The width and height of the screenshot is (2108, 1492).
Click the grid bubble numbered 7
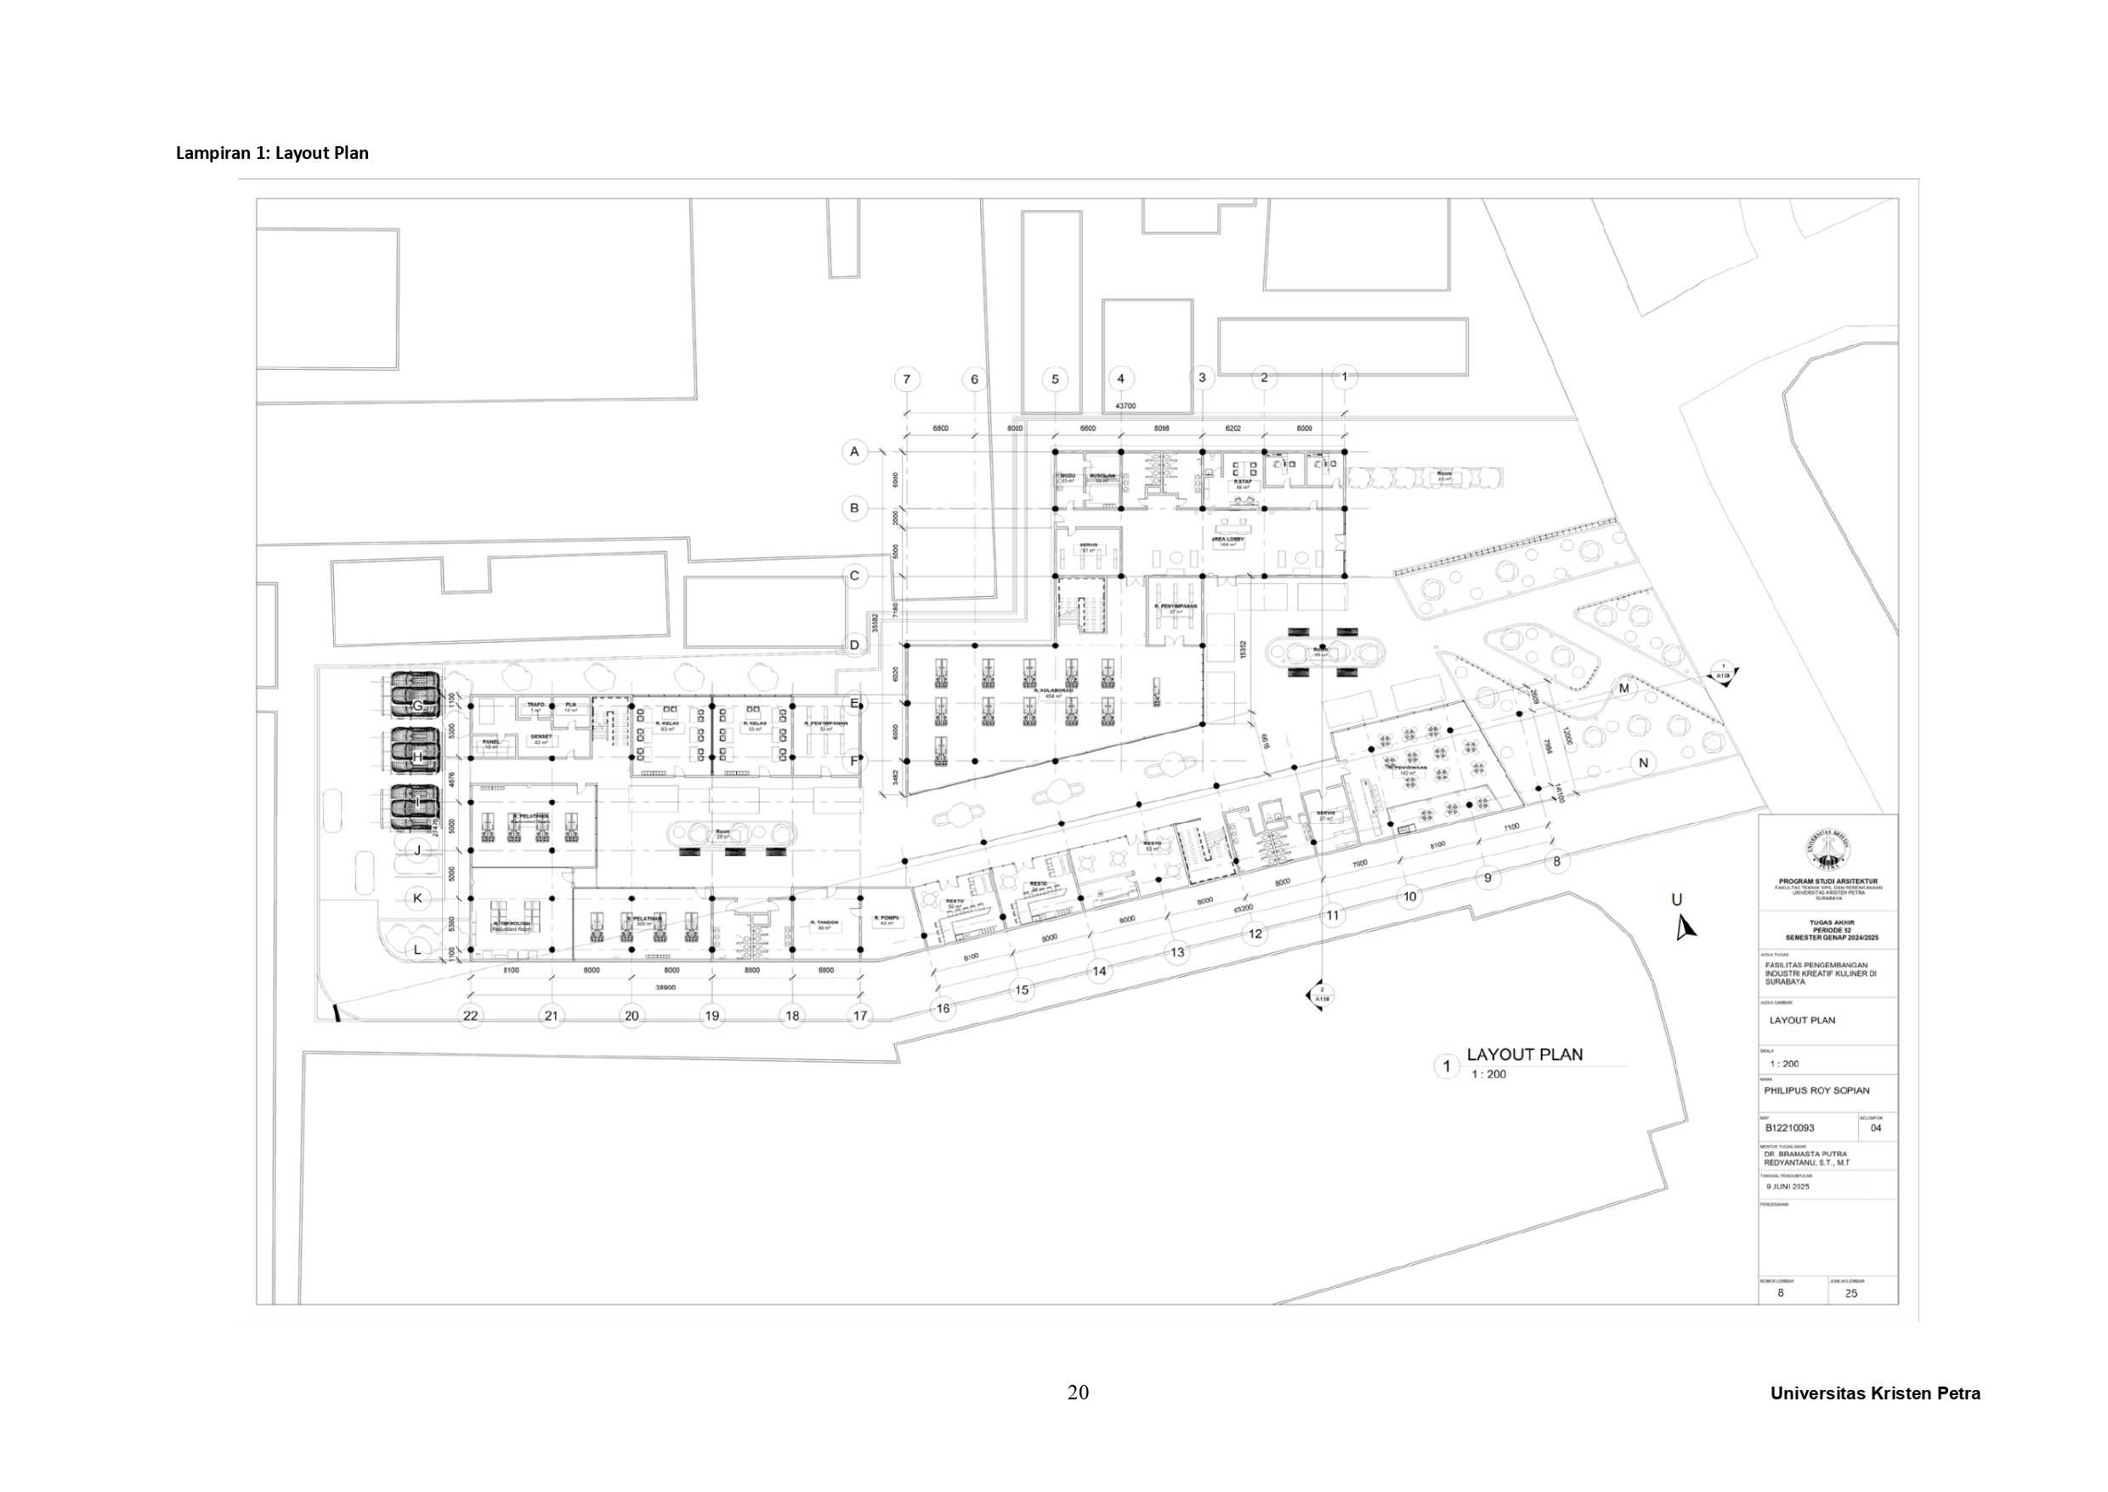[x=907, y=379]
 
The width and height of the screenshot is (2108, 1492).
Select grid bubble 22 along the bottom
[x=471, y=1015]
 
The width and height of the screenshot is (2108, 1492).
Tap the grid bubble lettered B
[x=854, y=508]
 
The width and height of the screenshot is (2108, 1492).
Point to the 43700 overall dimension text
[x=1125, y=406]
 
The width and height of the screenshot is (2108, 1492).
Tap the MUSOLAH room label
[x=1102, y=476]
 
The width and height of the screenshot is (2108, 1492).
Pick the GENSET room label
[x=540, y=737]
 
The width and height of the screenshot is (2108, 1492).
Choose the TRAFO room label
[x=535, y=705]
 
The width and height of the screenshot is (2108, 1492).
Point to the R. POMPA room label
[x=886, y=918]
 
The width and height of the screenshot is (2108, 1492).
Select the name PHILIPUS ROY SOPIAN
[x=1816, y=1091]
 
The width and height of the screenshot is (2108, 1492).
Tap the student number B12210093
[x=1789, y=1127]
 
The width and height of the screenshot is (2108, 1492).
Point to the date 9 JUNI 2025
[x=1787, y=1186]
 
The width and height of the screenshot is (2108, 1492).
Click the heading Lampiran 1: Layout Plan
[x=272, y=153]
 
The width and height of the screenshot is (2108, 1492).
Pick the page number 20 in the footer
[x=1078, y=1393]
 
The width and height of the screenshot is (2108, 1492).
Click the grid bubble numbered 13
[x=1177, y=952]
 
